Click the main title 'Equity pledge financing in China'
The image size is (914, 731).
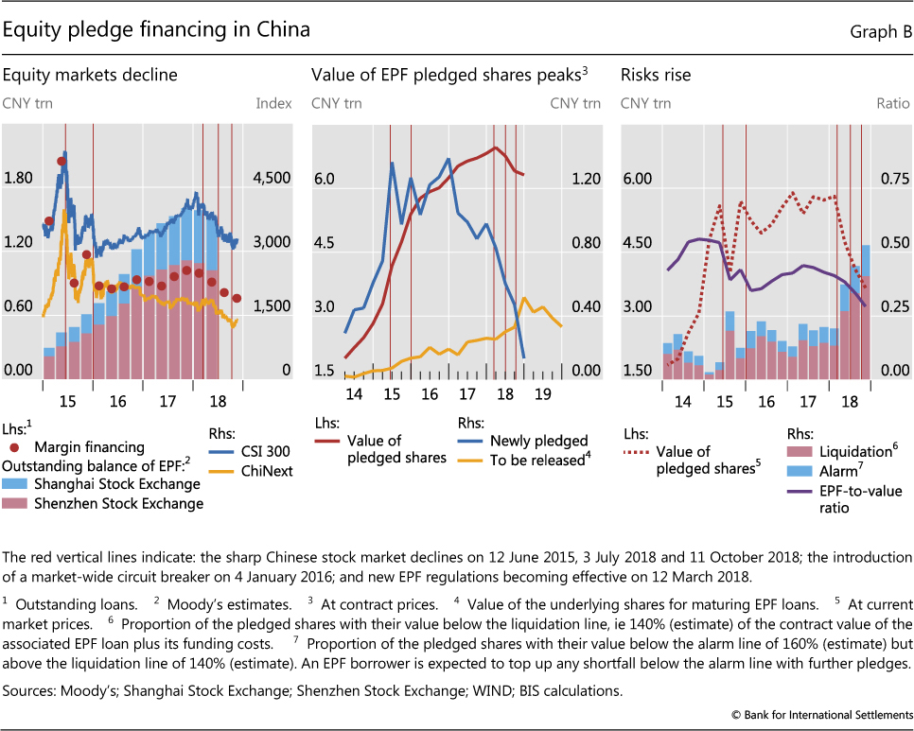[157, 30]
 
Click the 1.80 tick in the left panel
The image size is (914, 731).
[20, 178]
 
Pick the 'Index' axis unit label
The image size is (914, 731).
[274, 102]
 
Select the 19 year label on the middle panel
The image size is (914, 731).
[542, 393]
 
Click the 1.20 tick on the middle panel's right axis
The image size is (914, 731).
[585, 178]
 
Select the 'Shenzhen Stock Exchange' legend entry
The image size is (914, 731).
[117, 503]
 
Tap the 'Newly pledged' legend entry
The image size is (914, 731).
[538, 440]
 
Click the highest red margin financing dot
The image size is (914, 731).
[62, 161]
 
